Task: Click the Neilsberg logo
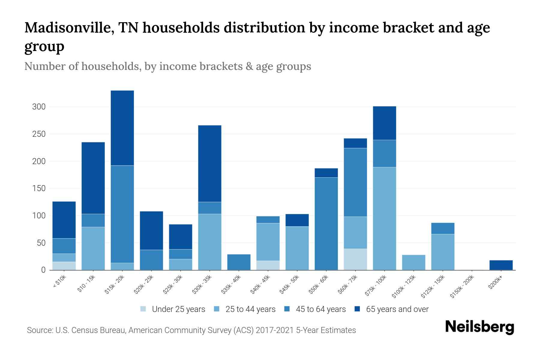tap(479, 327)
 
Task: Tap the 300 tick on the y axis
tap(39, 107)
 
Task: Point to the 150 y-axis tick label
tap(39, 188)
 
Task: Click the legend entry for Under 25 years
tap(178, 309)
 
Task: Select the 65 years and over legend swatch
tap(357, 309)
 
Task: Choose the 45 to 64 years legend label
tap(320, 309)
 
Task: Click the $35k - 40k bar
tap(239, 262)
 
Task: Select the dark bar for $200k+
tap(501, 265)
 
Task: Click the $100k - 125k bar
tap(414, 262)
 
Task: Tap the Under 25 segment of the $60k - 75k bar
tap(355, 259)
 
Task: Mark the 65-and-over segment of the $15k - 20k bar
tap(122, 128)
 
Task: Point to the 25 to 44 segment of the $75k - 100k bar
tap(384, 218)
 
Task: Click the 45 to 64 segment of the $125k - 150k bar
tap(443, 228)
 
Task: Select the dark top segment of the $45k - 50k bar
tap(297, 220)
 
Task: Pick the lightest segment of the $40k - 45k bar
tap(268, 265)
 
